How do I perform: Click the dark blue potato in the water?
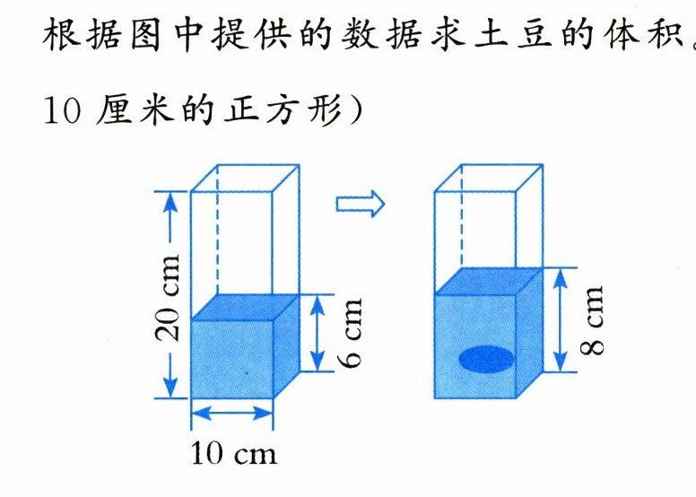click(486, 359)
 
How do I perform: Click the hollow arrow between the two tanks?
click(360, 205)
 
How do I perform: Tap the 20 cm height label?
click(168, 298)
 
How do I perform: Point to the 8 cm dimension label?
click(592, 320)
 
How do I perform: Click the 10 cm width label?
click(233, 453)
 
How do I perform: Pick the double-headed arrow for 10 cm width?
click(231, 414)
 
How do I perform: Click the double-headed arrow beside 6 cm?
click(317, 333)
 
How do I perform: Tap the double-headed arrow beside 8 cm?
click(561, 319)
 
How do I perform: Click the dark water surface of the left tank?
click(245, 307)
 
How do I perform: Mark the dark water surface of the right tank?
click(488, 281)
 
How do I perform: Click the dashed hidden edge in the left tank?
click(217, 229)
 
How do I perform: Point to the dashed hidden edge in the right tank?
click(461, 217)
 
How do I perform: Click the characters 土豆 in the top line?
click(513, 33)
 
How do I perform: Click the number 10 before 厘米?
click(62, 110)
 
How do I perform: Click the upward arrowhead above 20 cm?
click(171, 203)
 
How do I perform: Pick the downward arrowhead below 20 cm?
click(171, 388)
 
